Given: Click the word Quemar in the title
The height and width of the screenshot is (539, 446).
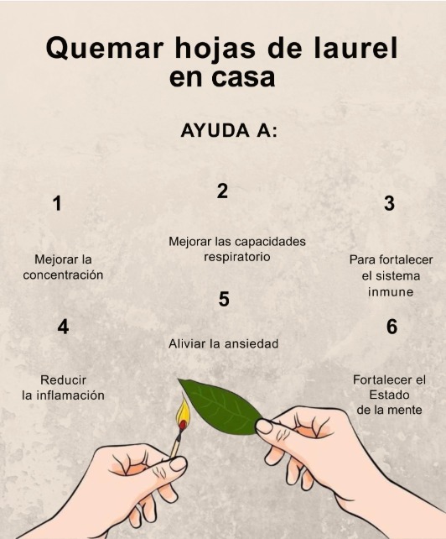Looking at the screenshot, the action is [104, 49].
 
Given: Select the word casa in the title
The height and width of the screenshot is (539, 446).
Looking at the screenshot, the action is [243, 78].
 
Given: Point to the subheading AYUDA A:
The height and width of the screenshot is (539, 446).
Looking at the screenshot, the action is [229, 131].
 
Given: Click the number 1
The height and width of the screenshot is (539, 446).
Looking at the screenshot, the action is [57, 203].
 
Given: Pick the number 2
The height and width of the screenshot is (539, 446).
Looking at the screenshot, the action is [222, 191].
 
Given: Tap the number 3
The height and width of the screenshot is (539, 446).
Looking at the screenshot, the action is [389, 203].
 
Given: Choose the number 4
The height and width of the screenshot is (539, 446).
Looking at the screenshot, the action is [63, 327].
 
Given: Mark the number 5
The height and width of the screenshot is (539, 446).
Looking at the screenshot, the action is [224, 299].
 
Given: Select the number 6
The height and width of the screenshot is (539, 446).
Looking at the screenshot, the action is [392, 327].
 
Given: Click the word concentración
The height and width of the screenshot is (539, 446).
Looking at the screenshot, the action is [63, 275].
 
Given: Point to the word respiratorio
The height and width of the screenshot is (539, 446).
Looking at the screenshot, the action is [237, 257].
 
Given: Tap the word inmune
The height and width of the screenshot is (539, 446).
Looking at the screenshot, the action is [391, 292].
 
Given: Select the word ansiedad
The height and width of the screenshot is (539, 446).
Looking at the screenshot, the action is [251, 343].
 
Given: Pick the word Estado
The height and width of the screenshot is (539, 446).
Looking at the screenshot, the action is [389, 395].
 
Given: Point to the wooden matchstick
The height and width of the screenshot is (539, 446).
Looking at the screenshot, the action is [178, 441].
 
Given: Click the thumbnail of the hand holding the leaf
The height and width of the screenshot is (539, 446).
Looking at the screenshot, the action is [264, 426].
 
